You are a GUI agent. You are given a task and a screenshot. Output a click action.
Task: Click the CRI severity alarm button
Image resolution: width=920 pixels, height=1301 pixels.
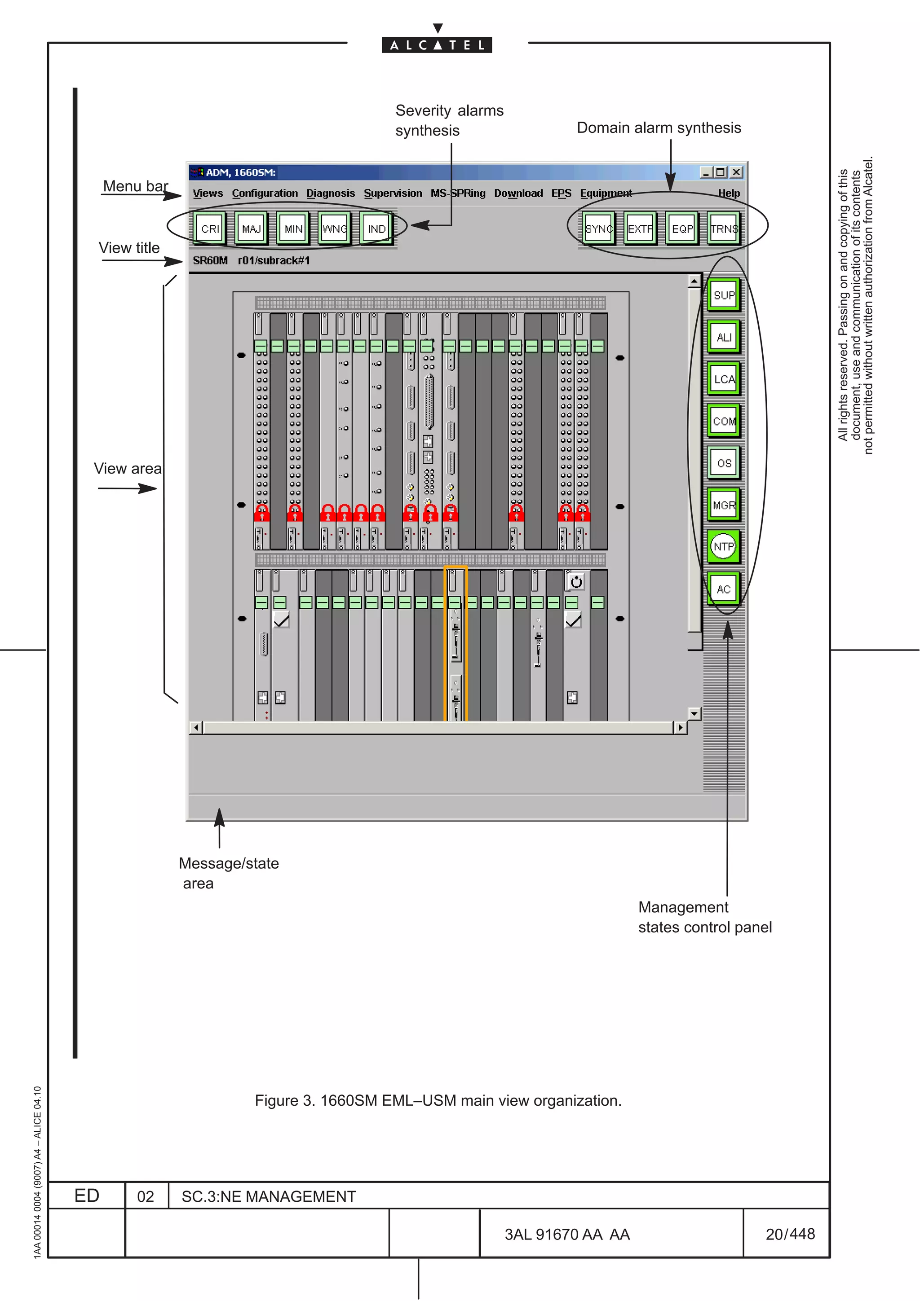click(210, 229)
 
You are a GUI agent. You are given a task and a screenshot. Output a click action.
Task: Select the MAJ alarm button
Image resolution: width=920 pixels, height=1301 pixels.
click(251, 229)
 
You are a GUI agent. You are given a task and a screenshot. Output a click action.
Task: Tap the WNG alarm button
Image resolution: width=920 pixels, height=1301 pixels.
click(334, 229)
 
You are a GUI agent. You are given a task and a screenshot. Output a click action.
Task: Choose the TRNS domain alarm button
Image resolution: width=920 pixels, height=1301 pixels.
click(724, 229)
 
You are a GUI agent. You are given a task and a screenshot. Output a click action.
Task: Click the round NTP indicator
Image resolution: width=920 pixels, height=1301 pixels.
click(723, 547)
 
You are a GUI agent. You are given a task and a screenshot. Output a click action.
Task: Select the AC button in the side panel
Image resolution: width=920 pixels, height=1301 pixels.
click(723, 589)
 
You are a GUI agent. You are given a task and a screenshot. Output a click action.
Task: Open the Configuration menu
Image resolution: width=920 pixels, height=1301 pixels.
click(265, 193)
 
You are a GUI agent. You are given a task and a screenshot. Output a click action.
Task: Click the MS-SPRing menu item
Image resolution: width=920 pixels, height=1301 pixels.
click(458, 193)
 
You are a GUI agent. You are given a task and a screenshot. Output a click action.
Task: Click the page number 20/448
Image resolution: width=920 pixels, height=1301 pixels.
click(790, 1234)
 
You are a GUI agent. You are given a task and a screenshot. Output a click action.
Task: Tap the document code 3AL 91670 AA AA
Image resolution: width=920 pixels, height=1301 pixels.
click(567, 1235)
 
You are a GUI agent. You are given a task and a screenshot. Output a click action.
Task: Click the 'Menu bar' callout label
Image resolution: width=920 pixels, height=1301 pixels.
click(136, 186)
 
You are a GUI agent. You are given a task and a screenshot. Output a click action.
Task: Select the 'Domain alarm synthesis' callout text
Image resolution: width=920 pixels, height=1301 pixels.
click(659, 128)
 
